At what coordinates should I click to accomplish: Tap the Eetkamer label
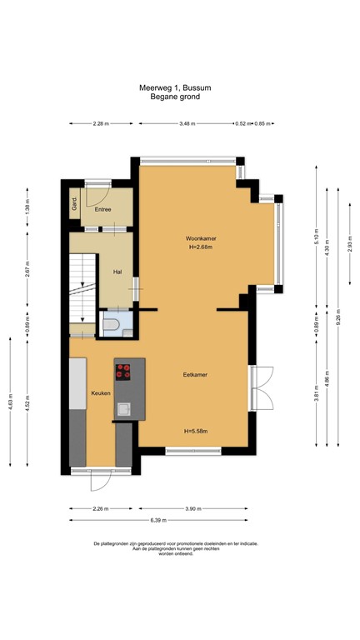(x=195, y=375)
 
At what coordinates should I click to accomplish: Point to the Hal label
(x=117, y=271)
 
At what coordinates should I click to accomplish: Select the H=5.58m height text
(x=196, y=431)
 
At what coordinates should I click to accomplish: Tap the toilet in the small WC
(x=112, y=324)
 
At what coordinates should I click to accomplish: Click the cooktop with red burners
(x=123, y=372)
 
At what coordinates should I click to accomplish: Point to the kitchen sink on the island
(x=123, y=408)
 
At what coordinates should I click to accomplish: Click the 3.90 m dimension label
(x=192, y=508)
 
